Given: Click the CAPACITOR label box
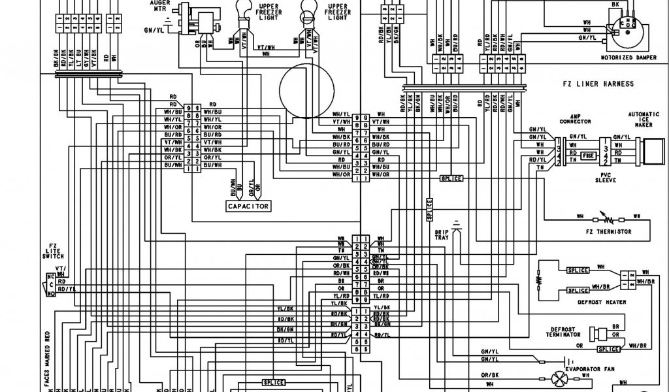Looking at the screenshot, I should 248,206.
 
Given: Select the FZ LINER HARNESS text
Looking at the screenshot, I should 598,84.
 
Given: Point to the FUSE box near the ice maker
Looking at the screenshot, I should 588,156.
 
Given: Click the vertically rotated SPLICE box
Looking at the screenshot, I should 429,209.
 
